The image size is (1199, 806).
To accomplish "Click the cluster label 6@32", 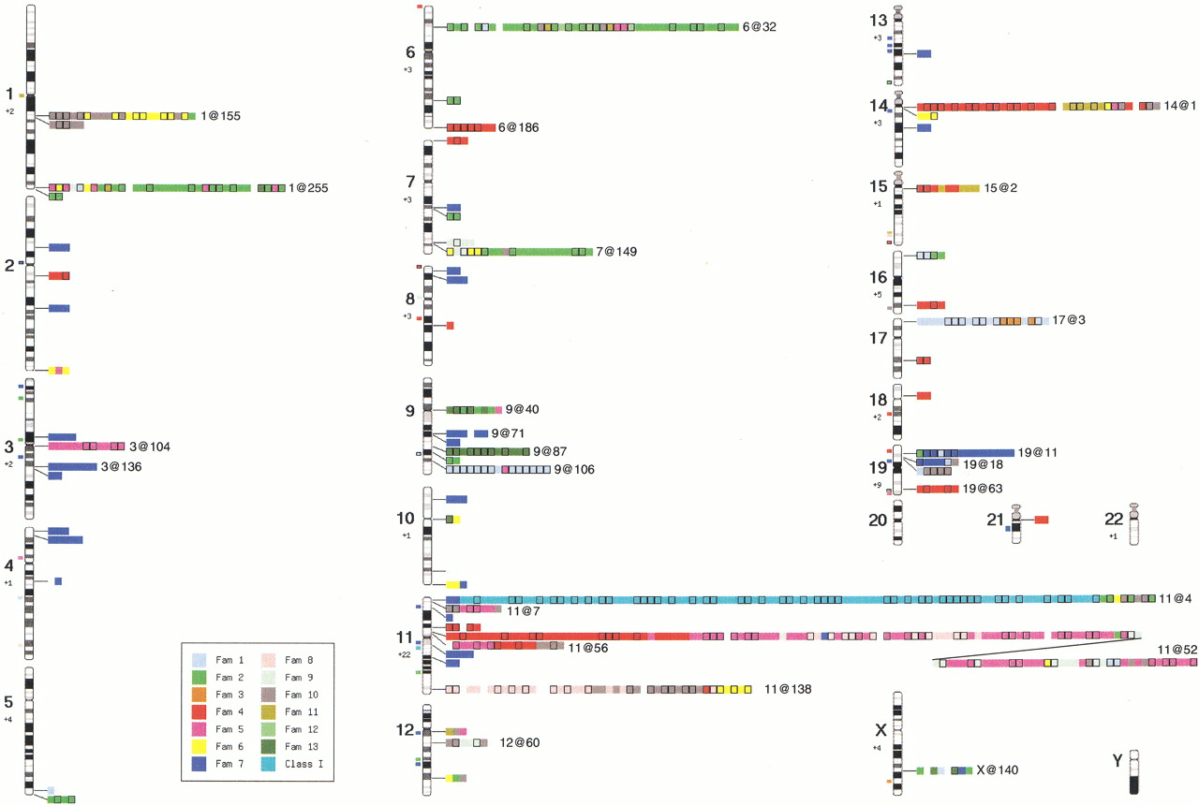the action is (x=759, y=27).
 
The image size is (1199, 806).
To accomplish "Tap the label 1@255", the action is (x=308, y=188).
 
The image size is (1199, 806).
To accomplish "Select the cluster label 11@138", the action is (x=788, y=689).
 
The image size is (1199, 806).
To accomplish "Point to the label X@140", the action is (x=998, y=770).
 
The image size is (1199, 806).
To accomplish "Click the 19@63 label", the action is (x=983, y=489).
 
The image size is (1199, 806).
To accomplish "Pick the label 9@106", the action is (x=574, y=470).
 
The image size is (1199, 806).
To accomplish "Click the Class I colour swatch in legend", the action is (x=268, y=764).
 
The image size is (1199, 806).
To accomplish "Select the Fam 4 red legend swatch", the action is (x=199, y=711).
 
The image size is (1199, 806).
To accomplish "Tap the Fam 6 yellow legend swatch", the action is (x=199, y=746).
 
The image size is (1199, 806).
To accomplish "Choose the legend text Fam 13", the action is (x=302, y=747).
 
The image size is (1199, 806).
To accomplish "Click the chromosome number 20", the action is (x=878, y=520).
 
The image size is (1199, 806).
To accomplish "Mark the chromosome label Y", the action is (x=1118, y=760).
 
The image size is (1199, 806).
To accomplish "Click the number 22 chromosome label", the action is (x=1114, y=519).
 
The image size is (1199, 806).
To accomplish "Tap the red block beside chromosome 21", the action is (x=1041, y=520).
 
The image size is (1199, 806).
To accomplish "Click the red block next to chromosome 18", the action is (x=924, y=396).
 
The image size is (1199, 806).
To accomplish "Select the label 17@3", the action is (x=1069, y=320).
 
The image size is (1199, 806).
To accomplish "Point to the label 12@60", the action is (x=519, y=742).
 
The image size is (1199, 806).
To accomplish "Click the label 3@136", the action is (x=122, y=467).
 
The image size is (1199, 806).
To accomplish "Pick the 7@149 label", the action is (x=616, y=252).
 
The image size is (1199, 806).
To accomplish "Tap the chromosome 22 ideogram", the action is (x=1133, y=524).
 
